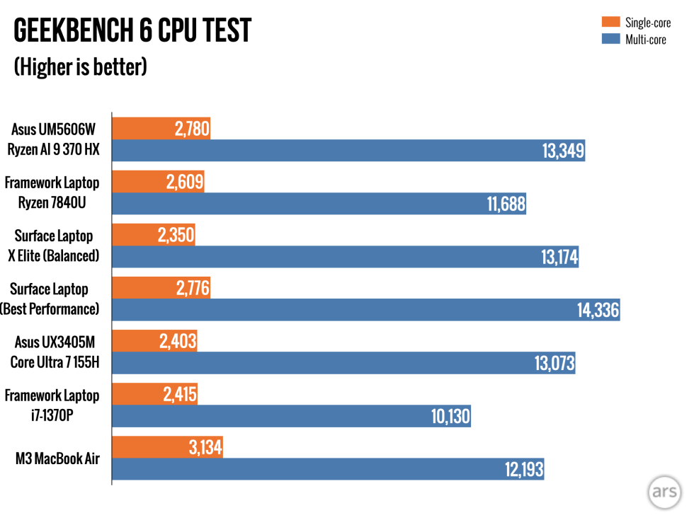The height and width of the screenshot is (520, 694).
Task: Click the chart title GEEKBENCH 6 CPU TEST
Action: tap(132, 30)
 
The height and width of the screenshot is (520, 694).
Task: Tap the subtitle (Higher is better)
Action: tap(80, 67)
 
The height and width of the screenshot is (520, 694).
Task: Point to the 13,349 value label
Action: tap(559, 151)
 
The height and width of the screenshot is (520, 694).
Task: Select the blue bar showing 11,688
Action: tap(319, 204)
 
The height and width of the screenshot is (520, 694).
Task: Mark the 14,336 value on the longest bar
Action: tap(595, 311)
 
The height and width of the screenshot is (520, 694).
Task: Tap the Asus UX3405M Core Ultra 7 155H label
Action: tap(55, 352)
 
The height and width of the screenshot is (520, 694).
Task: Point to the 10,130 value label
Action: tap(450, 417)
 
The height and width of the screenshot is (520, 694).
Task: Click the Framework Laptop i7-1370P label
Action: tap(52, 405)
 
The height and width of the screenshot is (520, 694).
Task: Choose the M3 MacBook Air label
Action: tap(57, 458)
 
